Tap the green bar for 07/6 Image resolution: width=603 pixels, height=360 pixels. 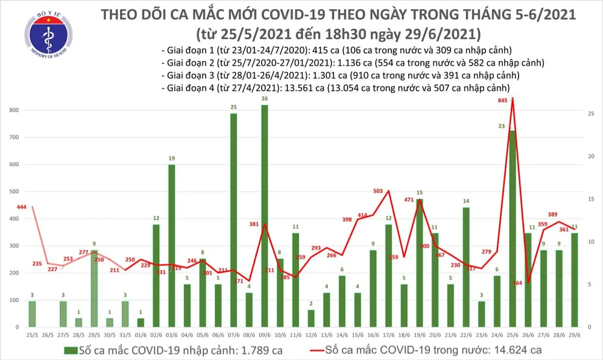click(233, 219)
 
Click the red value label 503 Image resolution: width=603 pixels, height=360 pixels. click(378, 191)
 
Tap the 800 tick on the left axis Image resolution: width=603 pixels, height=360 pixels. click(14, 111)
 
